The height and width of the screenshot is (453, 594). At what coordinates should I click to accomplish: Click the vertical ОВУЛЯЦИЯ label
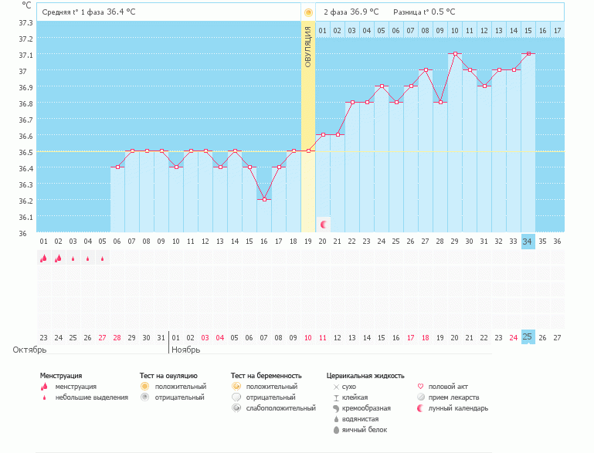point(307,46)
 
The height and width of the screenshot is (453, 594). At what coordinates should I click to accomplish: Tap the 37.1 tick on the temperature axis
point(25,55)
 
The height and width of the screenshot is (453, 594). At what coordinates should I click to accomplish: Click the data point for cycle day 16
point(264,200)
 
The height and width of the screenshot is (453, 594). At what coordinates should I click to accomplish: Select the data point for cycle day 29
point(455,54)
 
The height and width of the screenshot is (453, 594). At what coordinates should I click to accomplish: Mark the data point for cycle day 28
point(440,103)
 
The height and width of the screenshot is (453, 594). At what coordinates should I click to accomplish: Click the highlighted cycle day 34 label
point(528,242)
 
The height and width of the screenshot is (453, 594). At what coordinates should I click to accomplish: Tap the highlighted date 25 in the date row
point(528,337)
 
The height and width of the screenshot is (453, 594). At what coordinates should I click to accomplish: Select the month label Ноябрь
point(186,350)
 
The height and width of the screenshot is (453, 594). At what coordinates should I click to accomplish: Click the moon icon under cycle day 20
point(323,225)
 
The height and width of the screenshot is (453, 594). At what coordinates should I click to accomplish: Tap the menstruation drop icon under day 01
point(43,259)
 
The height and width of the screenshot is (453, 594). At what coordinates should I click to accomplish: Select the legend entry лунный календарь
point(457,408)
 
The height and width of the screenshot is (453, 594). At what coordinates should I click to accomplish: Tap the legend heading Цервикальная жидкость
point(365,376)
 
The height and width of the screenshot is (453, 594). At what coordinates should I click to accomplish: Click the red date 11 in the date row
point(323,337)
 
